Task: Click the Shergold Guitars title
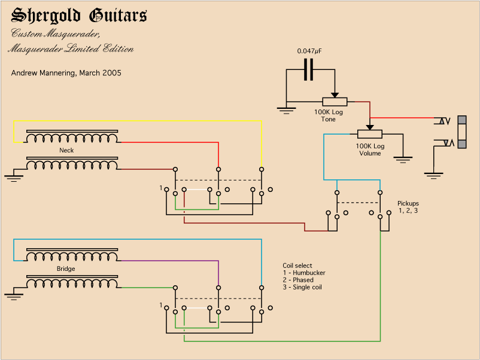pos(80,16)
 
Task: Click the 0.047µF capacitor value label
pos(309,51)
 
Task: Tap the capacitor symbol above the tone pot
pos(309,69)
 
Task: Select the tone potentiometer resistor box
pos(335,102)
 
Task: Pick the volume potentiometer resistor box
pos(369,134)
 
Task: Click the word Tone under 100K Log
pos(329,120)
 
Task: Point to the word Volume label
pos(370,154)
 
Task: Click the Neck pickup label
pos(66,151)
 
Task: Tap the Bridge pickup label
pos(66,269)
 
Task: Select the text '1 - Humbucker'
pos(304,273)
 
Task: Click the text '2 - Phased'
pos(299,280)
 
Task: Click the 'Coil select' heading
pos(297,266)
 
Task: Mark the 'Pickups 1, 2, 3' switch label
pos(408,207)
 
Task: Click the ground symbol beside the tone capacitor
pos(287,109)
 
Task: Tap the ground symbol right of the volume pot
pos(403,160)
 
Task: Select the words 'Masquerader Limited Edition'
pos(71,49)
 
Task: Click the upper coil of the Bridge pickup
pos(72,257)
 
